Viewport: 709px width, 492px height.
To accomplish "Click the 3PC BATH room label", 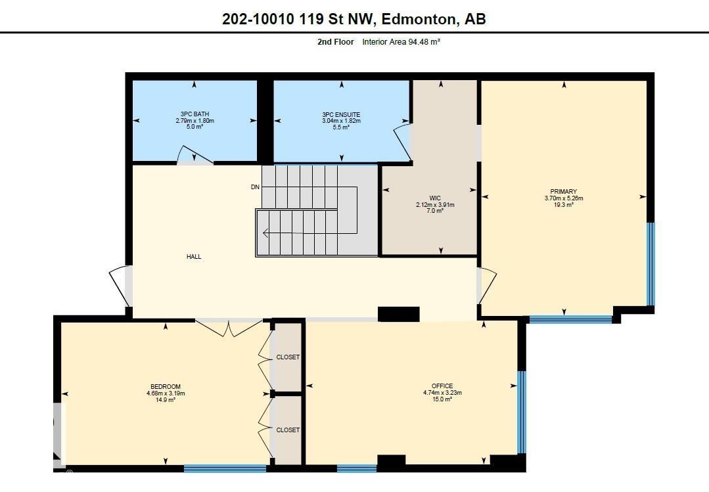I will point(194,114).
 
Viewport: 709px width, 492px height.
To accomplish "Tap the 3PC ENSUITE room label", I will point(341,114).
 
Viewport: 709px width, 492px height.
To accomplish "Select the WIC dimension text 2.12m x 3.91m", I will point(435,204).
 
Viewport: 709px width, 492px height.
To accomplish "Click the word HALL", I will point(194,257).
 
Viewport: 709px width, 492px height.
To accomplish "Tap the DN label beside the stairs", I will point(255,187).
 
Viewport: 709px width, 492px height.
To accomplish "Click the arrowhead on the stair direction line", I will point(265,233).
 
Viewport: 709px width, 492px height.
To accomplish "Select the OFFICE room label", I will point(442,386).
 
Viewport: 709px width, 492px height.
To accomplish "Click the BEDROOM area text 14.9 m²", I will point(166,400).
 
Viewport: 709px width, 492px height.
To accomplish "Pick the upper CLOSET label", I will point(288,357).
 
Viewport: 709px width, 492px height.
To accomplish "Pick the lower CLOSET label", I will point(288,430).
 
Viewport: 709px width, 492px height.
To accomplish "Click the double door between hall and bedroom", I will point(229,327).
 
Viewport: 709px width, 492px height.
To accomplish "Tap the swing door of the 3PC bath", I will point(195,156).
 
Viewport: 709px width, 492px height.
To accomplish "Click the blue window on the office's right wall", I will point(521,412).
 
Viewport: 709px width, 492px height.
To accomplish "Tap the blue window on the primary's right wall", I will point(651,264).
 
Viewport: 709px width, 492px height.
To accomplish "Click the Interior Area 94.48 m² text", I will point(401,42).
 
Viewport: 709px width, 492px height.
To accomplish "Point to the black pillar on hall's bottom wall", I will point(398,314).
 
